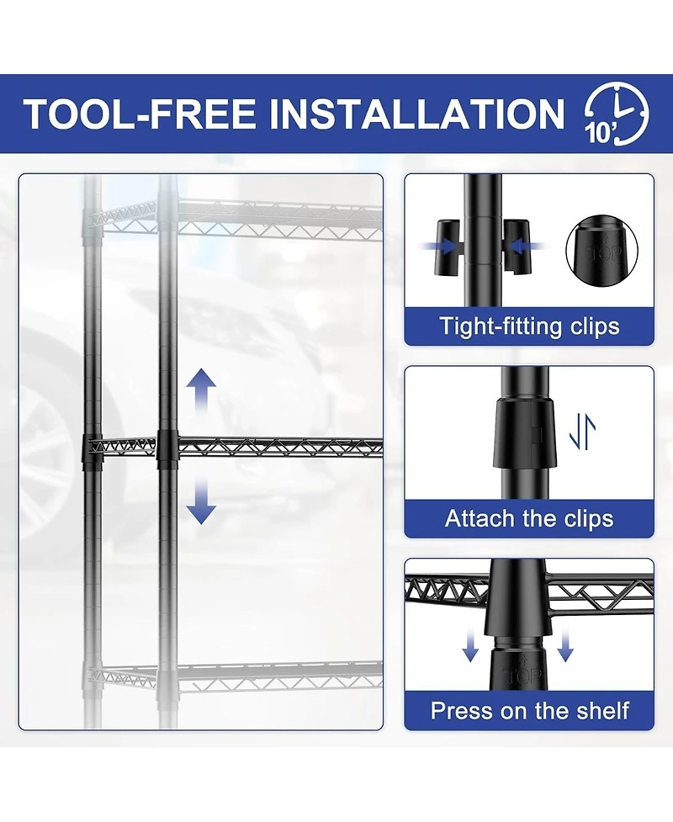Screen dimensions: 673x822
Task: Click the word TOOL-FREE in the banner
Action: pyautogui.click(x=140, y=114)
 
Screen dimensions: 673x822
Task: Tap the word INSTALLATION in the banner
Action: pyautogui.click(x=416, y=114)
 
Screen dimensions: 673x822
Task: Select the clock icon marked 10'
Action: pyautogui.click(x=617, y=114)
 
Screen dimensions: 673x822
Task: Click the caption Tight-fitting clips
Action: pyautogui.click(x=529, y=326)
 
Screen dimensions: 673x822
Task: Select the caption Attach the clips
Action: pyautogui.click(x=529, y=518)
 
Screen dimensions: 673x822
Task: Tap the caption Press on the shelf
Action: pyautogui.click(x=529, y=711)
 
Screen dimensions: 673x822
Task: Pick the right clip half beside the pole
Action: pyautogui.click(x=517, y=247)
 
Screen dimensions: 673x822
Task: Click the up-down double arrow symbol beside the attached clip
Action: pyautogui.click(x=582, y=432)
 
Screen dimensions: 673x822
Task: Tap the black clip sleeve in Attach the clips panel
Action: pyautogui.click(x=523, y=432)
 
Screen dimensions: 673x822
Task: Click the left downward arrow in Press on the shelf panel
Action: pyautogui.click(x=470, y=646)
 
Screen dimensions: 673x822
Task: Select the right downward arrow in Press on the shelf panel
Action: pyautogui.click(x=565, y=646)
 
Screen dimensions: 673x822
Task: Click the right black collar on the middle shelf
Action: pyautogui.click(x=167, y=449)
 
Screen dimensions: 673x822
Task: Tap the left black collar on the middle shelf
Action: pyautogui.click(x=93, y=449)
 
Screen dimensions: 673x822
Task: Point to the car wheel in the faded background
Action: pyautogui.click(x=45, y=456)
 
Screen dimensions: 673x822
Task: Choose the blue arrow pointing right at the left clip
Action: pyautogui.click(x=437, y=247)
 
